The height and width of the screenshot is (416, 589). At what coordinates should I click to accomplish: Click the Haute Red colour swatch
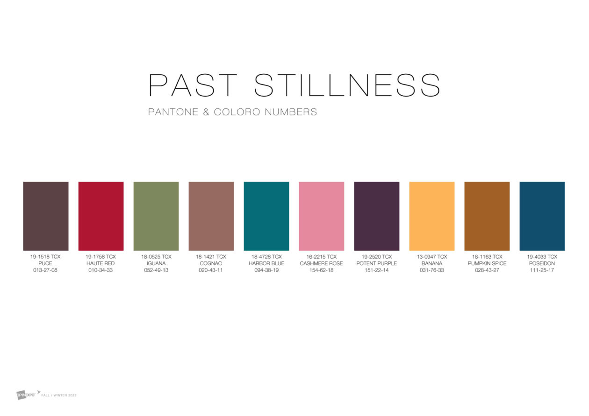click(101, 216)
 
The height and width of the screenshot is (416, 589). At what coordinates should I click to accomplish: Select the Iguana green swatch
click(156, 216)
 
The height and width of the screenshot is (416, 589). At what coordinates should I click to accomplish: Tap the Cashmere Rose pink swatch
click(322, 216)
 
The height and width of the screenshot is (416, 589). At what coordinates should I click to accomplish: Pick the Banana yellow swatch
click(432, 216)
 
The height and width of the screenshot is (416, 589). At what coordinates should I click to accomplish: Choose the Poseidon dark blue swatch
click(542, 216)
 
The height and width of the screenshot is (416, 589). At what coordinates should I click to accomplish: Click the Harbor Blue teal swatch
click(266, 216)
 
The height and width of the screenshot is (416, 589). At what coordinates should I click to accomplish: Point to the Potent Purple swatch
click(377, 216)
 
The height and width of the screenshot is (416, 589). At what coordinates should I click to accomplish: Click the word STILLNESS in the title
click(347, 85)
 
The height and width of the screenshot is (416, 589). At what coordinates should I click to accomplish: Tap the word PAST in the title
click(193, 85)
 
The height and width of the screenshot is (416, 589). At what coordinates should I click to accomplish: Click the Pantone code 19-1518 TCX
click(45, 257)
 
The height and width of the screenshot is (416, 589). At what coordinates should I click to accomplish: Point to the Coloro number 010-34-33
click(101, 270)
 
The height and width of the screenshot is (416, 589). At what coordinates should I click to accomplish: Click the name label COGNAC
click(211, 263)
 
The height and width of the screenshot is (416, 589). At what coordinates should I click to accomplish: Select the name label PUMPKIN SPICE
click(487, 263)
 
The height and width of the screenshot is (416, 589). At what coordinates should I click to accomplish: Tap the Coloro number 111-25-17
click(542, 270)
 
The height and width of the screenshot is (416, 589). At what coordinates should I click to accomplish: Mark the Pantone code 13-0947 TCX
click(432, 257)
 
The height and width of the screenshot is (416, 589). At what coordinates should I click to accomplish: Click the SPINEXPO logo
click(26, 395)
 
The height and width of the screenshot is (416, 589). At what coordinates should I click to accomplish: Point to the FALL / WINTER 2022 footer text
click(59, 395)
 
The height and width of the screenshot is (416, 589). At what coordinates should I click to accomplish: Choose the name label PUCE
click(45, 263)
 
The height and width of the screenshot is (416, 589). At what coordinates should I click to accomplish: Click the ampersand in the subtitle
click(206, 112)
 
